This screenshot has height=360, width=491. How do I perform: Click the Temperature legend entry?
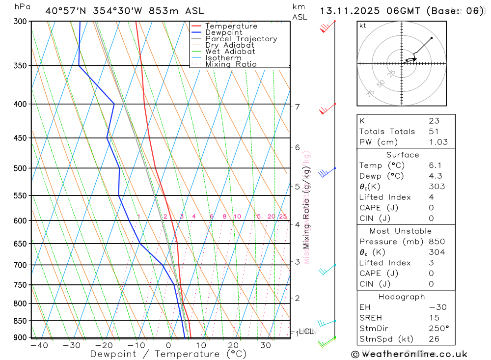[231, 26]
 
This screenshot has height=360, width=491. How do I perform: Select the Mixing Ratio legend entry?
[231, 64]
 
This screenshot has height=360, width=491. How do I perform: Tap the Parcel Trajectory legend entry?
[241, 39]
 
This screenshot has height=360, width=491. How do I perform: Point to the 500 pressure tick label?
[20, 168]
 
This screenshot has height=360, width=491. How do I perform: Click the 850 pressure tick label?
[20, 321]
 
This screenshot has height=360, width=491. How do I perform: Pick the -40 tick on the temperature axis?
[39, 345]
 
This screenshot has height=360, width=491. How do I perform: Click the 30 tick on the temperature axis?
[266, 345]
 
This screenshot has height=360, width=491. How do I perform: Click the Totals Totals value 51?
[434, 131]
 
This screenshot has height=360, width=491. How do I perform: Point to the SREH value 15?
[434, 318]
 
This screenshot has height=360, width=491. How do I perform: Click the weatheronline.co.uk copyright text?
[409, 354]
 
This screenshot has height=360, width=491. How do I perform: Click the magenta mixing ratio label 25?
[283, 217]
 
